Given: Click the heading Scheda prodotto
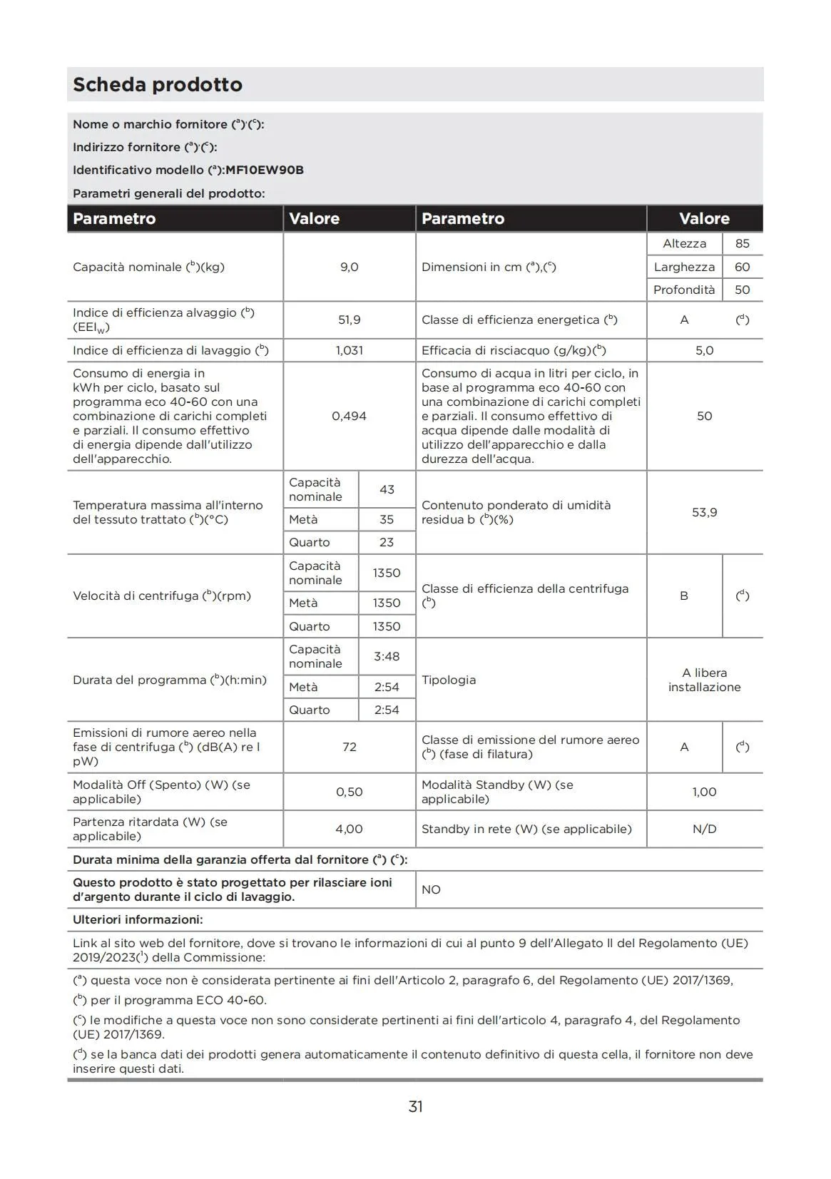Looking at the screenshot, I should [x=158, y=85].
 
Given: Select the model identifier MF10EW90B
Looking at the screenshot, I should [x=265, y=170].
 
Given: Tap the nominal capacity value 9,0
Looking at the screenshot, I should [x=349, y=267].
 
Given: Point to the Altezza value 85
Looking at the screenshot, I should [x=742, y=244].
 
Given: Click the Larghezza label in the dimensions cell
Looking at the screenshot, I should [x=684, y=267].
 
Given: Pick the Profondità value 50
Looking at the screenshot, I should [x=742, y=290].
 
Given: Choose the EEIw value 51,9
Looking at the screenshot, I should [x=349, y=320].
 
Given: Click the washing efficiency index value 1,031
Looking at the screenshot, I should [x=349, y=350].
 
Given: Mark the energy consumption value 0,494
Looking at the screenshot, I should [x=349, y=416].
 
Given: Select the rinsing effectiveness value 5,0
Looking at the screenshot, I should [x=704, y=350].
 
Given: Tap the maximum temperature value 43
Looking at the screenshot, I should [x=387, y=489].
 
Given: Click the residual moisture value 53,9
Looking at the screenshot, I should [x=704, y=512].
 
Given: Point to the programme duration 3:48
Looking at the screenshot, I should [x=387, y=656].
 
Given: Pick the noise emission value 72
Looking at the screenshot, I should [x=349, y=747].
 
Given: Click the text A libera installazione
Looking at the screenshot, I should [x=704, y=680].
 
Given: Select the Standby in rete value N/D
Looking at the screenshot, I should [x=704, y=829].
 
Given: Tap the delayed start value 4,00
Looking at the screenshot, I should [x=349, y=829].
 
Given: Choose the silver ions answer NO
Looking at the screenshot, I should [x=431, y=889].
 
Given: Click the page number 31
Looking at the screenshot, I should [x=415, y=1106].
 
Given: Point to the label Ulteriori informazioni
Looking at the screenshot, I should [x=138, y=919].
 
